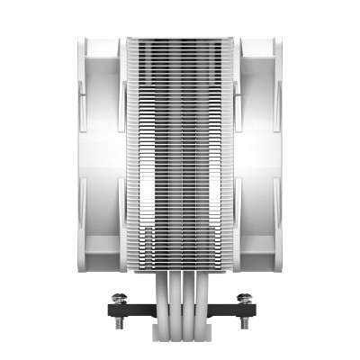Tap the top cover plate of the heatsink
coord(179,40)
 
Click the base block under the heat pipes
coord(179,310)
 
